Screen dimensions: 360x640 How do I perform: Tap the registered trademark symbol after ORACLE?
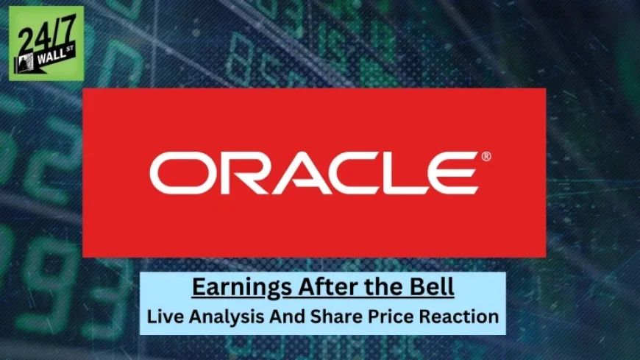(486, 156)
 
